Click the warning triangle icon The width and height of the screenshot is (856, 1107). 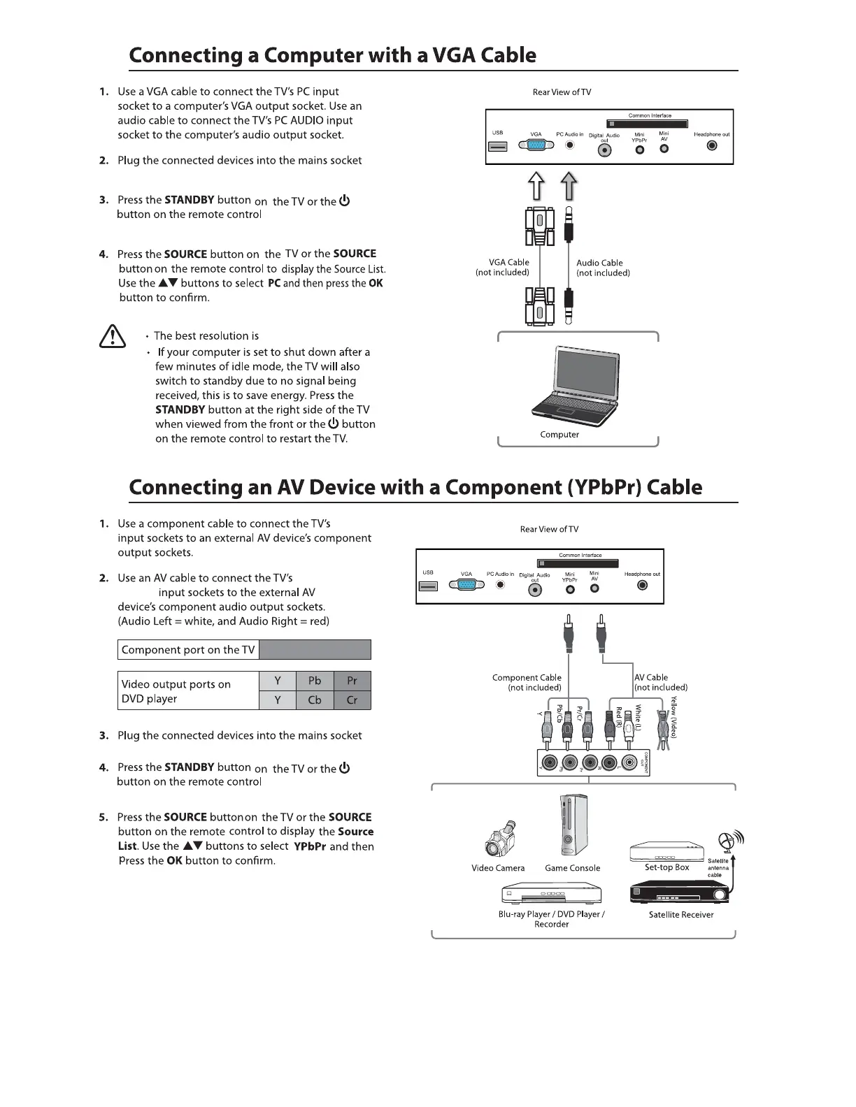[x=113, y=338]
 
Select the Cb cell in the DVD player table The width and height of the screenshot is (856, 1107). [x=315, y=700]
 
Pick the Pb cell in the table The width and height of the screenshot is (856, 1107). [x=315, y=681]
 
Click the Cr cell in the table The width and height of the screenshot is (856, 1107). [x=352, y=700]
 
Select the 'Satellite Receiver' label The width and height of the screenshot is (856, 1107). [x=680, y=915]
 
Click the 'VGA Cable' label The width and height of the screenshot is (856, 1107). [x=508, y=263]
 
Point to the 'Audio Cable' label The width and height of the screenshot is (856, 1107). [x=599, y=263]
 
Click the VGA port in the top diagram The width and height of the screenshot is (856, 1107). [x=536, y=145]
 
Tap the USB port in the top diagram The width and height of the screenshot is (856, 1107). [x=497, y=147]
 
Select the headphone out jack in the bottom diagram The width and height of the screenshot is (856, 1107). [x=642, y=586]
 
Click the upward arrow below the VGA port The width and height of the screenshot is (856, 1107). [x=536, y=187]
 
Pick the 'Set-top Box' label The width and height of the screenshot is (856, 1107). [x=666, y=867]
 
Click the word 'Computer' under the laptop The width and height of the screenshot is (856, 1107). [x=559, y=435]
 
